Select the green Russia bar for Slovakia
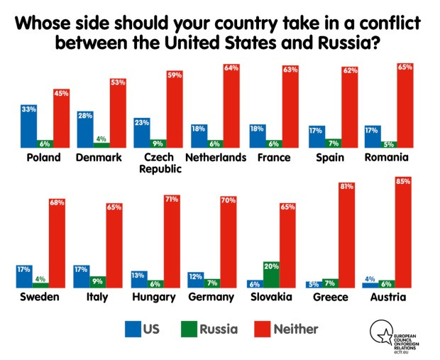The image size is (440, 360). click(x=270, y=274)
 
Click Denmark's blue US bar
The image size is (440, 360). click(x=85, y=130)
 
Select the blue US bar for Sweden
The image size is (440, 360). click(x=23, y=276)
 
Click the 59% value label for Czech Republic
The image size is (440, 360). click(x=175, y=75)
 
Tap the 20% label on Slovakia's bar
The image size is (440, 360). click(x=270, y=266)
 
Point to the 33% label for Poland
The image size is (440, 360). click(x=28, y=109)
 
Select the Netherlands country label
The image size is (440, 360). click(x=216, y=157)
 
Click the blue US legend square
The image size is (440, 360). click(x=133, y=329)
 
